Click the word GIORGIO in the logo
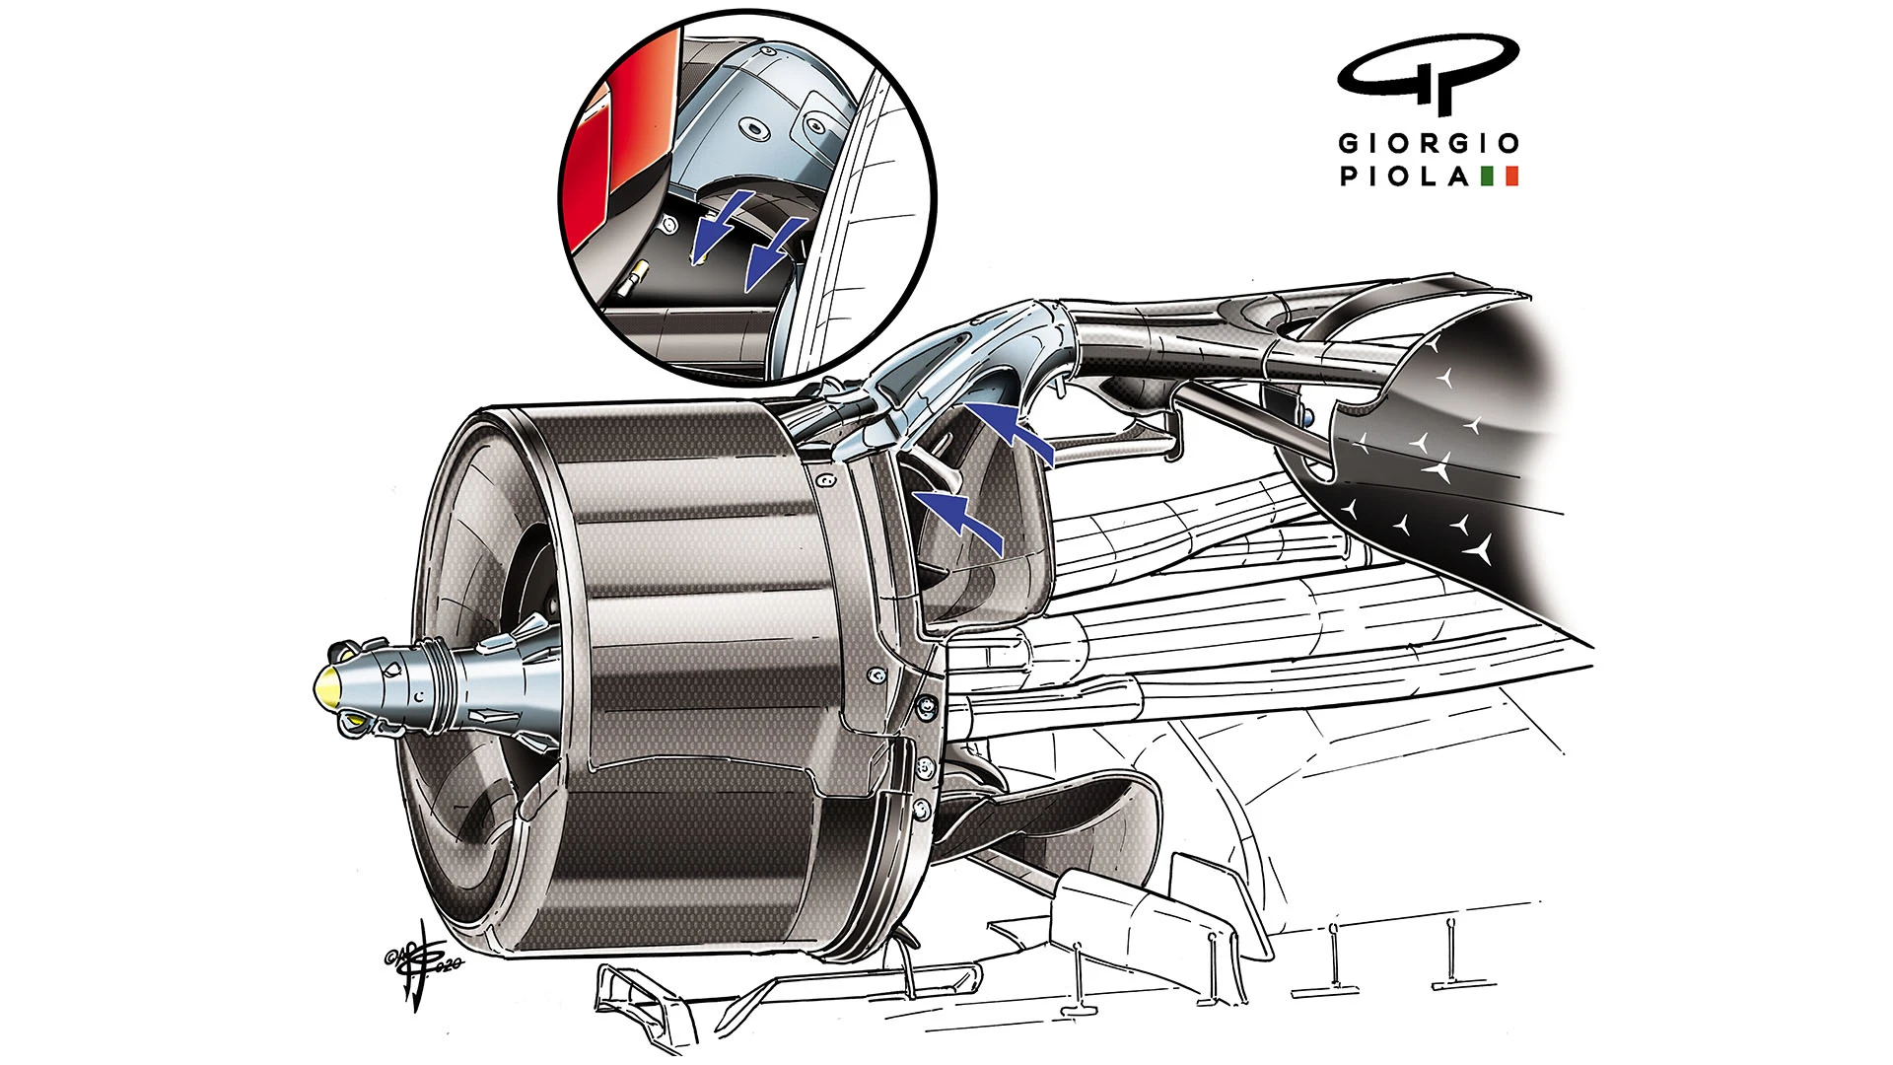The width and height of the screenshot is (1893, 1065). [x=1428, y=144]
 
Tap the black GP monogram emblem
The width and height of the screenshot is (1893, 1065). [x=1428, y=75]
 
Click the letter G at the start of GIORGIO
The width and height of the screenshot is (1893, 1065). [x=1348, y=144]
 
